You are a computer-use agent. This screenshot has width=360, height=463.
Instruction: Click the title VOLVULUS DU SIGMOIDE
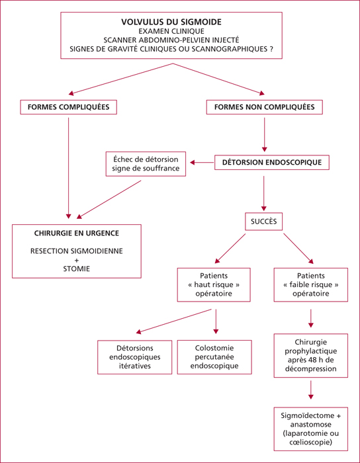(x=171, y=22)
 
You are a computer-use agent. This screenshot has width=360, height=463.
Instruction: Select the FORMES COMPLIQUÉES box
(x=69, y=107)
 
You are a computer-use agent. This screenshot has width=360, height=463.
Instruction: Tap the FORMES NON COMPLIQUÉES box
(x=264, y=107)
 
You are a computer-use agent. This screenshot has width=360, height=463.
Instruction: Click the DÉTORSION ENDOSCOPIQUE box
(x=272, y=163)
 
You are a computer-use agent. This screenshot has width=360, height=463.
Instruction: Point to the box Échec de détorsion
(x=146, y=164)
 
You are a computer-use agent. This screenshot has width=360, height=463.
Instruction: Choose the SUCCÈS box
(x=264, y=222)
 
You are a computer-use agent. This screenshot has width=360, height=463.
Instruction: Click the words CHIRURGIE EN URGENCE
(x=77, y=233)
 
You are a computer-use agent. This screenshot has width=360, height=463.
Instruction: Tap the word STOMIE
(x=77, y=269)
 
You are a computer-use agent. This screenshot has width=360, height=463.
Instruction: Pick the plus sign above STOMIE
(x=77, y=260)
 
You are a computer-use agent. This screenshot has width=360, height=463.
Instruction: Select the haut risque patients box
(x=214, y=284)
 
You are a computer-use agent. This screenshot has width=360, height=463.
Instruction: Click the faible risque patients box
(x=310, y=284)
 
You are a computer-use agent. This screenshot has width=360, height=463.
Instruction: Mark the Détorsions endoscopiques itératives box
(x=135, y=357)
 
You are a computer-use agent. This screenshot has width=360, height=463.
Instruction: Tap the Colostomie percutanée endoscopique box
(x=214, y=357)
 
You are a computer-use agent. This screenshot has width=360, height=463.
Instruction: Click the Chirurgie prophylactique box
(x=310, y=356)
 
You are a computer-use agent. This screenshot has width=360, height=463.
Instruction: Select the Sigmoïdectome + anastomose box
(x=310, y=433)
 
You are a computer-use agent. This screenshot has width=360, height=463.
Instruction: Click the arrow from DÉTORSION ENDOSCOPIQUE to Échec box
(x=202, y=163)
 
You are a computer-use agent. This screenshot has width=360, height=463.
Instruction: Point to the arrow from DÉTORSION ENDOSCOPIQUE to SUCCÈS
(x=264, y=193)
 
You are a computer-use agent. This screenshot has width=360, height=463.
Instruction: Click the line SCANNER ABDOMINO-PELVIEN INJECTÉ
(x=171, y=39)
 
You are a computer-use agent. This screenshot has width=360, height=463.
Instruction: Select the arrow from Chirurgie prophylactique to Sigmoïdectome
(x=310, y=390)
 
